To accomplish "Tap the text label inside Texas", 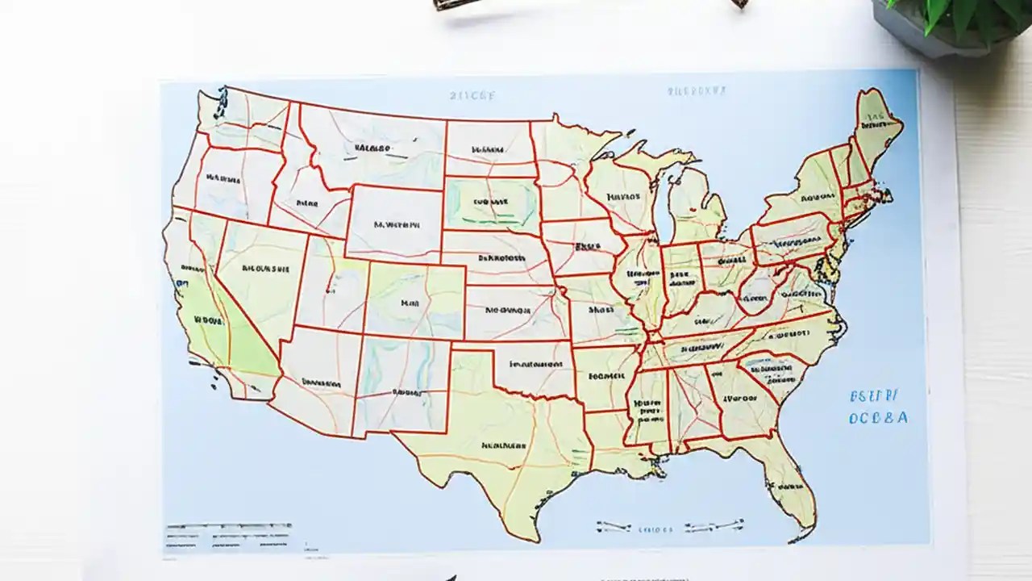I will (503, 445).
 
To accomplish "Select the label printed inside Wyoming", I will (396, 225).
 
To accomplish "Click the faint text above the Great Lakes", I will (697, 91).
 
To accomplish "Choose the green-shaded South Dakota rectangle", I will (491, 202).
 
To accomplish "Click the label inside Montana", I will (371, 148).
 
